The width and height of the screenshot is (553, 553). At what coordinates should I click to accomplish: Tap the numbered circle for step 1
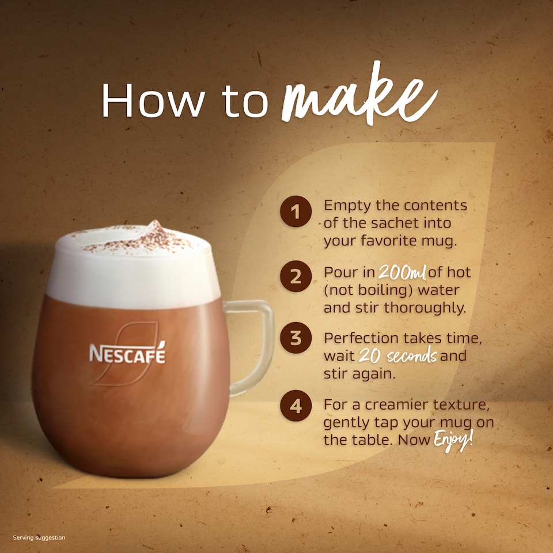coord(296,213)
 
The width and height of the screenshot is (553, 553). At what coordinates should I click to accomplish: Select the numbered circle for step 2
coord(296,276)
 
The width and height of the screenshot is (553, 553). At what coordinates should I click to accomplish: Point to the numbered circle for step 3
coord(296,339)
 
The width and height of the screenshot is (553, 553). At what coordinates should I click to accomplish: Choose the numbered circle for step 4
coord(296,407)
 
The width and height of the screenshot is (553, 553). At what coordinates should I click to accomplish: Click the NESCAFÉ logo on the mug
coord(127,353)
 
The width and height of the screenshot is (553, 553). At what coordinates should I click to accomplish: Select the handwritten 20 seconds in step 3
coord(397,356)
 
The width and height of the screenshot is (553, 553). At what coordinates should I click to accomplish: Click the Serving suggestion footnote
coord(39,538)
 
